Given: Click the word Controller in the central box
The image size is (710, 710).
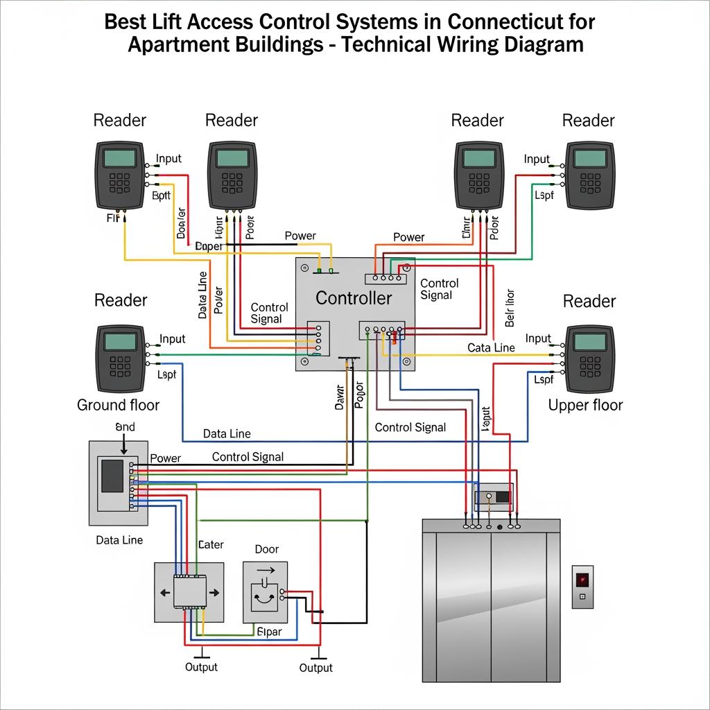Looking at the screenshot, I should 354,299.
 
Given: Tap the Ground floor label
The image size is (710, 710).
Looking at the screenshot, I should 118,405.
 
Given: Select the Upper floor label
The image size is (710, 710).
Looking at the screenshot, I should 585,405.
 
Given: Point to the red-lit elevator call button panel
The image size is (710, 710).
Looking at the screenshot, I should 582,586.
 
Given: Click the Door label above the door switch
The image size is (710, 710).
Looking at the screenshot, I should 267,549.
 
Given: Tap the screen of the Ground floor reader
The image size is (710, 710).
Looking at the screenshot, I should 119,341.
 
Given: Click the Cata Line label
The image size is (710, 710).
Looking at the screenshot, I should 491,347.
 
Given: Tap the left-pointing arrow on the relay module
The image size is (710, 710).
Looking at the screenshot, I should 164,593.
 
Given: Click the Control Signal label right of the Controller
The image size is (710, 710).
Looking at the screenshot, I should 440,289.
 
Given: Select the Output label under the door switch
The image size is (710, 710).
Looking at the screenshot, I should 316,668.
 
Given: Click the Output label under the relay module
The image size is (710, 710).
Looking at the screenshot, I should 201,667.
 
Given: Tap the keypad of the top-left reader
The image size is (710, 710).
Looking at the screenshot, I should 119,182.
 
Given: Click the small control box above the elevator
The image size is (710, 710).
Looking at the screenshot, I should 493,497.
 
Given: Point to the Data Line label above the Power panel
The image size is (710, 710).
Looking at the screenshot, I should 227,434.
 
